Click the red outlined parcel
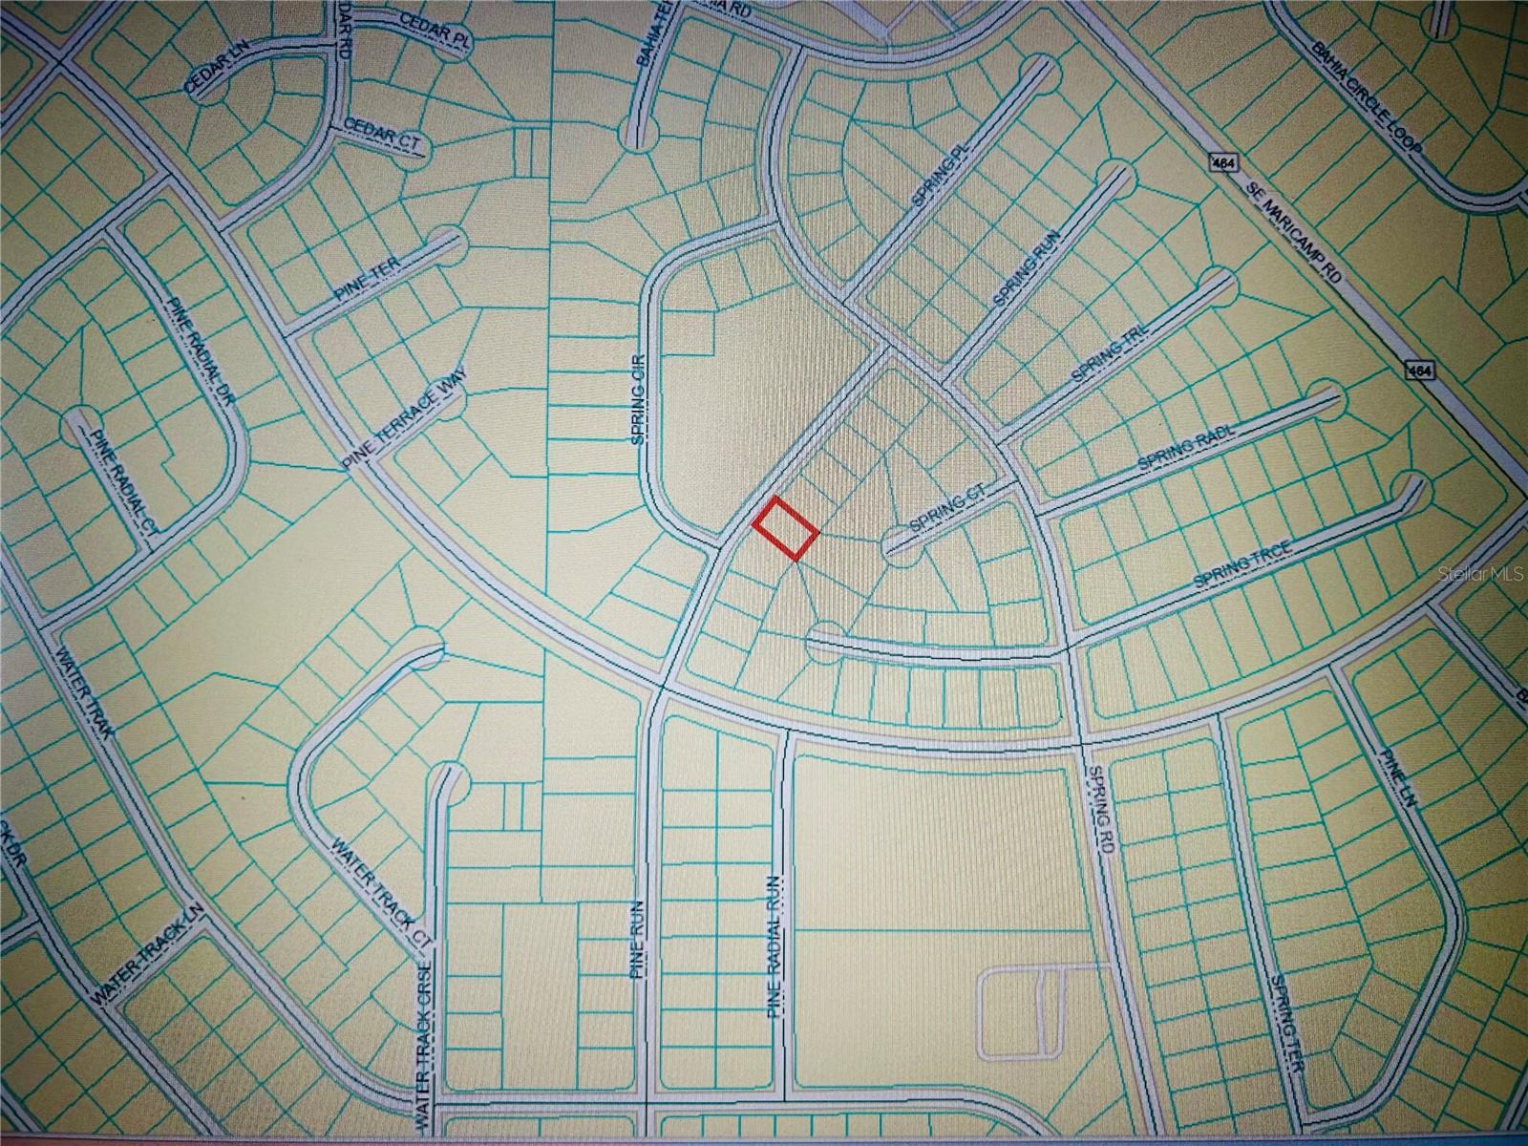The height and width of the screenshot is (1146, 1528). click(x=786, y=527)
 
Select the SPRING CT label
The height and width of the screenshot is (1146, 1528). click(x=946, y=516)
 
